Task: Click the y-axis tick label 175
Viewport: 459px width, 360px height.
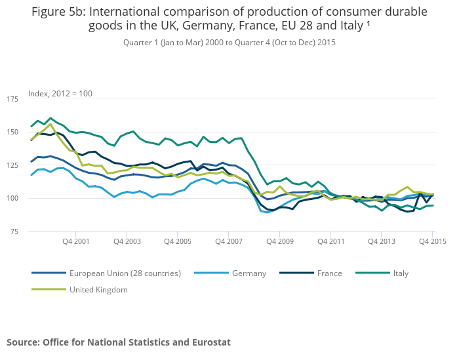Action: [12, 99]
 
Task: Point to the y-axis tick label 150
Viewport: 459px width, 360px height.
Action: [12, 132]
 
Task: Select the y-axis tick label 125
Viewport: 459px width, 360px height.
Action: [12, 165]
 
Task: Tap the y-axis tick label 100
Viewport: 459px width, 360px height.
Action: [12, 198]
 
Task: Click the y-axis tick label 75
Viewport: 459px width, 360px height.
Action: [14, 231]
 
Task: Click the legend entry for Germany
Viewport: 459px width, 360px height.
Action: [249, 273]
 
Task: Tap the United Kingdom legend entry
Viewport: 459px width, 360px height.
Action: [98, 289]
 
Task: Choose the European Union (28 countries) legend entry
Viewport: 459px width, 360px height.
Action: [125, 273]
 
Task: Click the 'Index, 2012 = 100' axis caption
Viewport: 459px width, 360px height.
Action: [60, 93]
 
